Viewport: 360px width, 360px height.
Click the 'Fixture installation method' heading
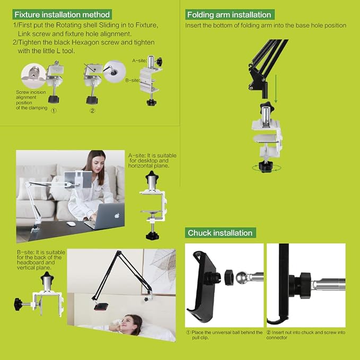click(x=62, y=14)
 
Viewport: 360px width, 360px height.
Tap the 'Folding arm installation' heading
click(x=230, y=15)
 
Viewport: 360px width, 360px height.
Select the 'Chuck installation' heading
click(x=220, y=233)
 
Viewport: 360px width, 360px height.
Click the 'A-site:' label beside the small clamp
click(x=139, y=60)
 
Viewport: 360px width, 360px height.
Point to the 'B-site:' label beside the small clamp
click(x=133, y=81)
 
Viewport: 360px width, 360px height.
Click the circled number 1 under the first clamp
click(x=54, y=111)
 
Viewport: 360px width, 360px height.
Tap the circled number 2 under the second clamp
click(x=92, y=111)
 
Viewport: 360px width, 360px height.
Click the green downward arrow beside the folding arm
click(x=276, y=89)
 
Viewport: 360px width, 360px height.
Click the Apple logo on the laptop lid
click(x=117, y=215)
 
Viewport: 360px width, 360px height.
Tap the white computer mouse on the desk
click(x=72, y=224)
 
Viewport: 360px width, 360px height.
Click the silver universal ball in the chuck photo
click(x=242, y=278)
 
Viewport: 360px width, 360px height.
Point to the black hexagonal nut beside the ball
click(x=229, y=278)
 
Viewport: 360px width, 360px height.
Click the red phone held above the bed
click(x=101, y=306)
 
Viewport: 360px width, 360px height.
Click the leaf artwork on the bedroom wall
click(x=159, y=271)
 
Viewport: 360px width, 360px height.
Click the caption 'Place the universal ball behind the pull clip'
click(x=224, y=335)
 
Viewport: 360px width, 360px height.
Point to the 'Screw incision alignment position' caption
click(x=31, y=100)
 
